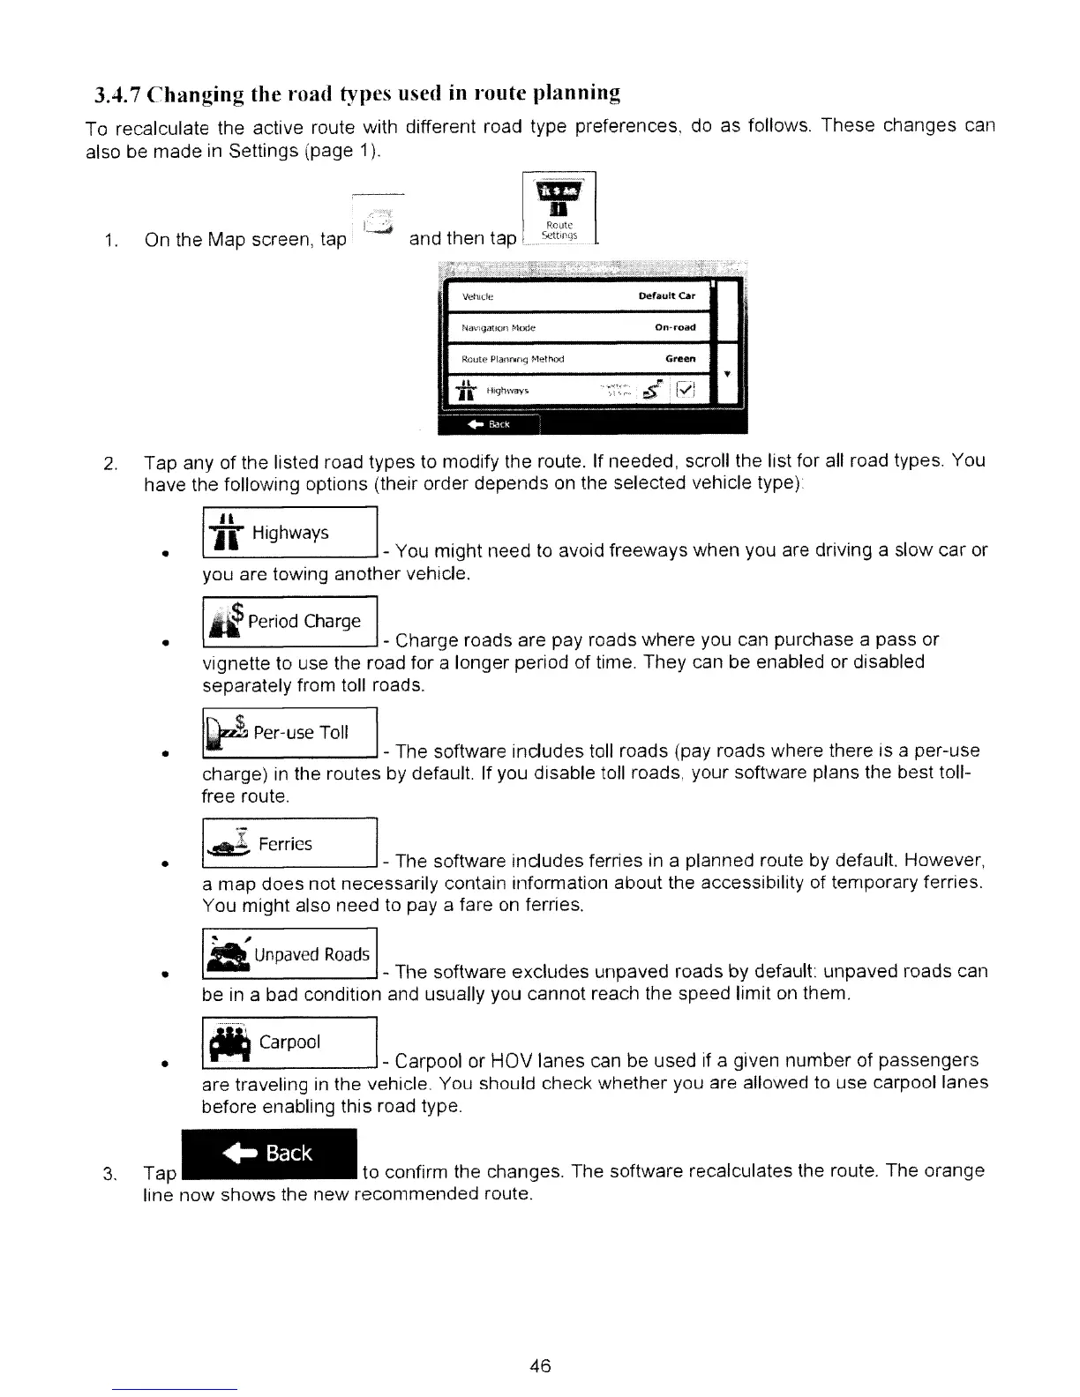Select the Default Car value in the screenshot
(667, 296)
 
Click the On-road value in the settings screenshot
(675, 327)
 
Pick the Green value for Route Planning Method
(680, 359)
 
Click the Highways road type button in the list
(289, 533)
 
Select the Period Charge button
(289, 621)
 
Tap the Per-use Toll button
(289, 733)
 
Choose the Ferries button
(289, 844)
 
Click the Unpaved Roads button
(289, 954)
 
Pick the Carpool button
(289, 1042)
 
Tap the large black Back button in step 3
(268, 1154)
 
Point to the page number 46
(540, 1366)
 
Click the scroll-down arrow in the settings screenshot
(726, 374)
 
